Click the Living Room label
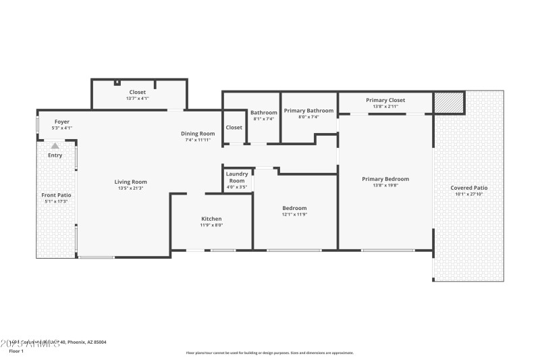tap(130, 182)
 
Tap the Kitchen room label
tap(211, 219)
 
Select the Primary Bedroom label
tap(385, 179)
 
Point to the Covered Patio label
tap(468, 188)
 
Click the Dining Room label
tap(198, 134)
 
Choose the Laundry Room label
tap(236, 177)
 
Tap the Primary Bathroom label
tap(308, 111)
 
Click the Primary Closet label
tap(385, 100)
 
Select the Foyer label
tap(62, 122)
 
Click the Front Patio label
tap(57, 195)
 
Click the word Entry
tap(55, 155)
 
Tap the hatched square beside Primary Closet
tap(449, 103)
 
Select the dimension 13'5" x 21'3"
tap(130, 188)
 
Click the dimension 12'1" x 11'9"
tap(294, 215)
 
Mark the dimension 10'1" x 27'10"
tap(468, 195)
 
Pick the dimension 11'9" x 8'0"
tap(211, 226)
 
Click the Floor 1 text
tap(16, 351)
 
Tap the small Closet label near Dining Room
tap(234, 127)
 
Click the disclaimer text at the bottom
tap(269, 353)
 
